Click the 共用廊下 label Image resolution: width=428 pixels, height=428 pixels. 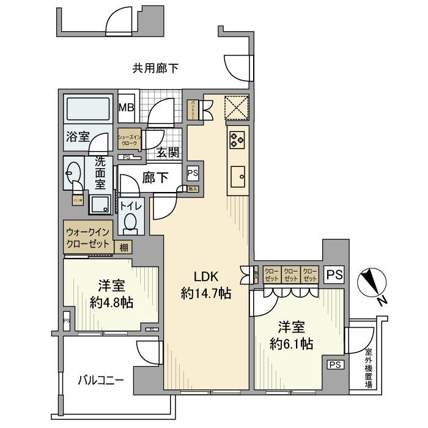tap(156, 68)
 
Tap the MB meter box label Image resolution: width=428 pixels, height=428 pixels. tap(127, 108)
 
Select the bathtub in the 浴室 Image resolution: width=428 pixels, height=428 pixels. tap(89, 111)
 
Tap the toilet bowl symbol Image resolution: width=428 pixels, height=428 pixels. tap(131, 224)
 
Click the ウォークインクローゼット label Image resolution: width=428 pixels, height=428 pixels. tap(87, 238)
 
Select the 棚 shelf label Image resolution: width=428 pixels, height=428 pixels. tap(124, 248)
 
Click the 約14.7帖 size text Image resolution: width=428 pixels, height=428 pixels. tap(206, 293)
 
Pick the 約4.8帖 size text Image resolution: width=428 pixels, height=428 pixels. tap(111, 301)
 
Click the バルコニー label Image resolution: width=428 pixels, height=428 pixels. tap(101, 380)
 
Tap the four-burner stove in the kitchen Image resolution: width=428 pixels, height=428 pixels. tap(237, 139)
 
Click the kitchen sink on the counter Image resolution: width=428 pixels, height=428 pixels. tap(237, 178)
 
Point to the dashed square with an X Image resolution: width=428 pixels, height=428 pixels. tap(236, 108)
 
